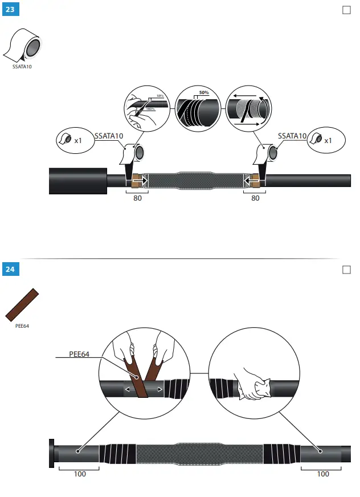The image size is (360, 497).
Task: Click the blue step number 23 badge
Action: (x=10, y=10)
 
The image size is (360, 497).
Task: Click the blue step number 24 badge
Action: (x=10, y=269)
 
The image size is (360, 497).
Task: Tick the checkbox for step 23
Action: (x=346, y=10)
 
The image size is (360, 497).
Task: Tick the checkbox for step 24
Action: (x=346, y=269)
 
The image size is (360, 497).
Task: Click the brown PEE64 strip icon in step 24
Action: (x=22, y=305)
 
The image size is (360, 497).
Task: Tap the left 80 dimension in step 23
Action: (x=137, y=198)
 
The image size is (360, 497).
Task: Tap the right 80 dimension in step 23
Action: (x=255, y=198)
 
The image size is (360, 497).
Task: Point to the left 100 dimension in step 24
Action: (x=80, y=474)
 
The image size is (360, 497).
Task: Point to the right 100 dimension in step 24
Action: (x=322, y=474)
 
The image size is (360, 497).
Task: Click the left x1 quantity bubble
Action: (x=74, y=140)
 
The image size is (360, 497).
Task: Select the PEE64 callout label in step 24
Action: (x=80, y=354)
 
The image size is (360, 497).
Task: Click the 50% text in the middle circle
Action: (x=204, y=92)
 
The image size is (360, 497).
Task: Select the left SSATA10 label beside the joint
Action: (x=109, y=136)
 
